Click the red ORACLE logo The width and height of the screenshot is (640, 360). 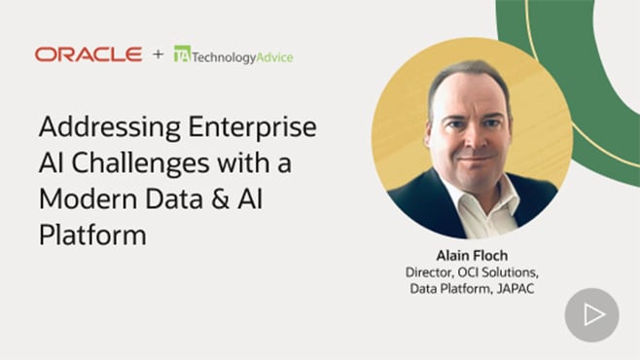click(x=89, y=54)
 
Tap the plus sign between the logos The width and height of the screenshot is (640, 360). click(x=158, y=55)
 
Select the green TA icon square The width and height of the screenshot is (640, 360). click(x=181, y=55)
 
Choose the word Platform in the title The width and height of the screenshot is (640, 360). click(x=91, y=234)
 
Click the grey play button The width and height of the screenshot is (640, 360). click(x=591, y=315)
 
